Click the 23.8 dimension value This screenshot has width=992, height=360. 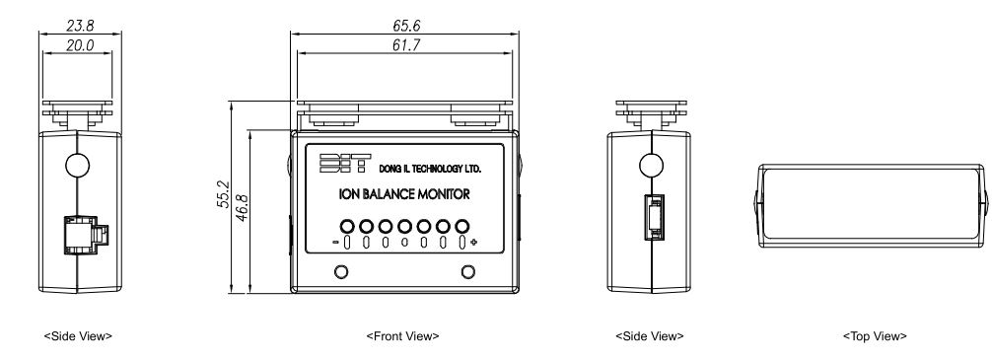click(x=80, y=26)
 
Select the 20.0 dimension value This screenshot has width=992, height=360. click(x=80, y=45)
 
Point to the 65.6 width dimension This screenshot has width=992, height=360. click(x=406, y=26)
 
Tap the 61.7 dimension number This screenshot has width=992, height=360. click(x=406, y=45)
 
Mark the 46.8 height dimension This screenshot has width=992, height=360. click(x=242, y=207)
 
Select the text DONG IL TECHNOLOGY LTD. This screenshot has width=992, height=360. click(x=430, y=169)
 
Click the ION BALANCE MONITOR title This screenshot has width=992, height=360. click(x=405, y=194)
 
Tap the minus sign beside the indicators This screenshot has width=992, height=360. click(x=335, y=242)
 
